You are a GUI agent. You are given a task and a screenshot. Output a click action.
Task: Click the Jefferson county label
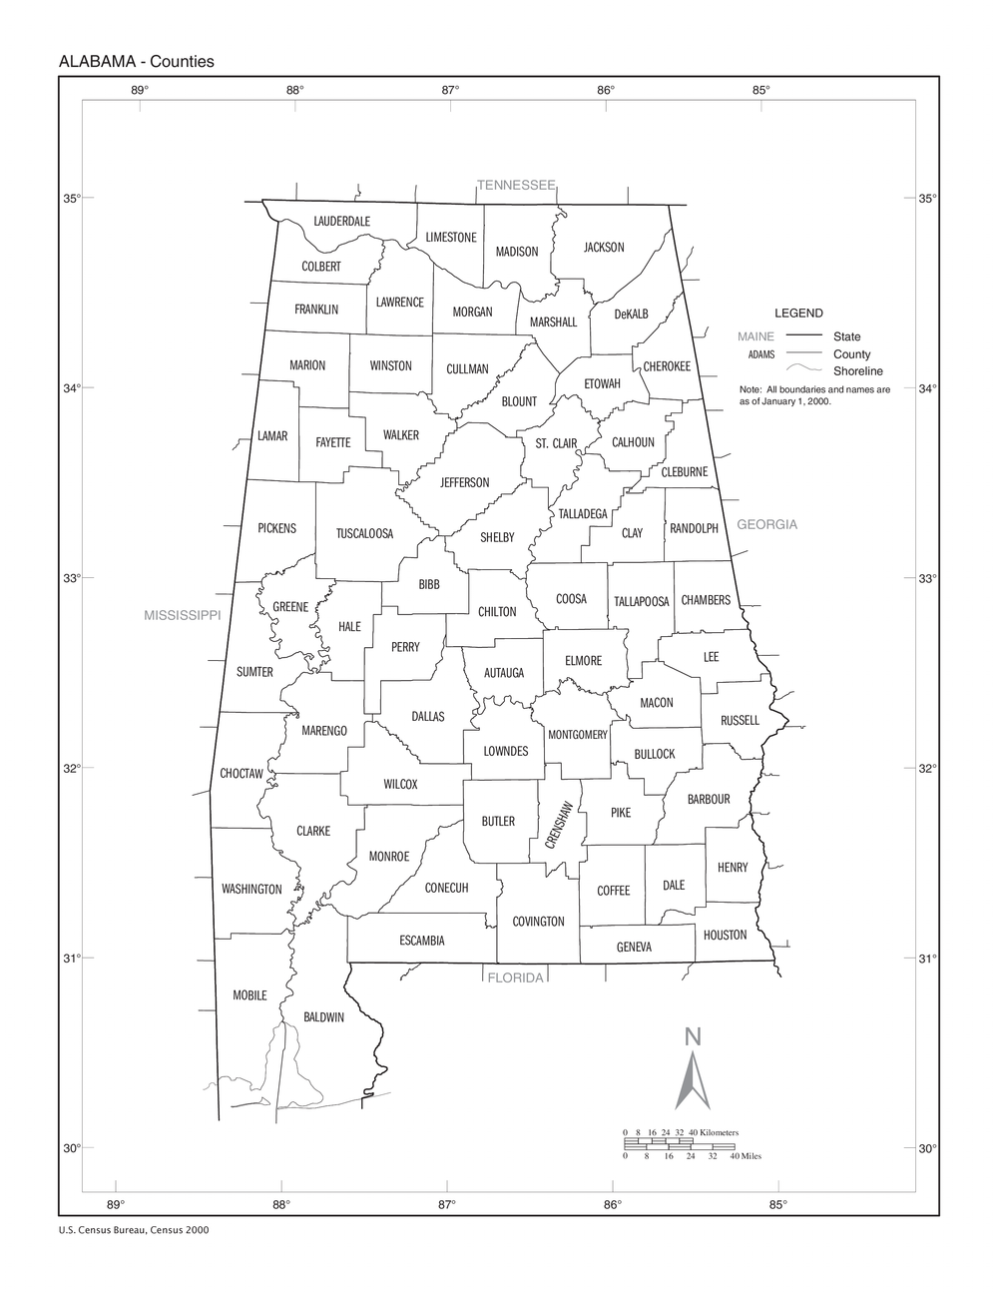(x=464, y=483)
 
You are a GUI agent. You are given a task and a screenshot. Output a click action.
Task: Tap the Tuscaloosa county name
(x=364, y=534)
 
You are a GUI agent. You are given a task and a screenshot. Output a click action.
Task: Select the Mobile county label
(x=249, y=995)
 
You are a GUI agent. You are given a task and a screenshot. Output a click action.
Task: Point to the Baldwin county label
(x=323, y=1017)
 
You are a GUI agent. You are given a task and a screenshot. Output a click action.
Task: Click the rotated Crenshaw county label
(x=558, y=826)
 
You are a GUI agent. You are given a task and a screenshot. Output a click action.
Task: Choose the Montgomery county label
(x=577, y=735)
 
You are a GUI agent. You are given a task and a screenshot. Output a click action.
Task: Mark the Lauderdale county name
(x=341, y=221)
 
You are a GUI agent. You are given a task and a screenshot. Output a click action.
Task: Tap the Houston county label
(x=725, y=936)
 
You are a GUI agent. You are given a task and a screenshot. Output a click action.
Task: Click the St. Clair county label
(x=556, y=443)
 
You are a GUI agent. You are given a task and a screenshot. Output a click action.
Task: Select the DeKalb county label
(x=631, y=314)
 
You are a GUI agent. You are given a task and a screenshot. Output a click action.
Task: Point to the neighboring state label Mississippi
(x=182, y=615)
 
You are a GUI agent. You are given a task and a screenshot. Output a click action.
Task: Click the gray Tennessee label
(x=515, y=186)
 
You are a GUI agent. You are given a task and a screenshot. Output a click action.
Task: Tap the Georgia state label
(x=766, y=524)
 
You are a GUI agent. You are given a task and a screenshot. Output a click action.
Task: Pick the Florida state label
(x=515, y=977)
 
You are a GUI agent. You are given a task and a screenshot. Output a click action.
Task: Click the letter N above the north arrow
(x=693, y=1038)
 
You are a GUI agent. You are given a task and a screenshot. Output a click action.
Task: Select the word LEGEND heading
(x=798, y=313)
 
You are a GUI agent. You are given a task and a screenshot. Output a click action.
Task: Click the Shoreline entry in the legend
(x=857, y=371)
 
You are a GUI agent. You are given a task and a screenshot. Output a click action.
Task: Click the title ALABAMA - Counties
(x=137, y=62)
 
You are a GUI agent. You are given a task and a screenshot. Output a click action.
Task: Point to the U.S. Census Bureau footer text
(x=134, y=1231)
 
